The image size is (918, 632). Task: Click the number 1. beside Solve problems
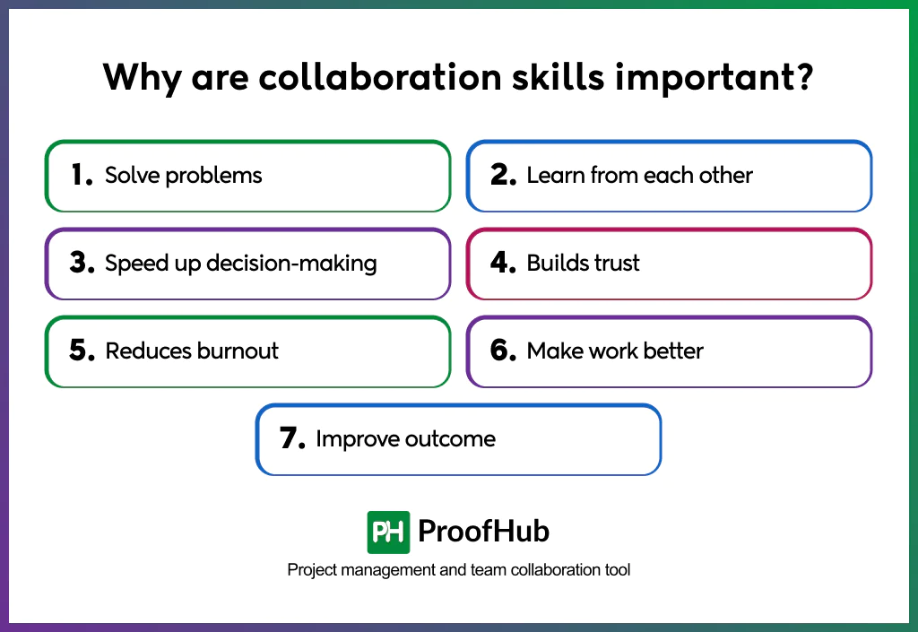click(x=82, y=175)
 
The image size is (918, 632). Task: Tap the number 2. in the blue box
click(x=504, y=175)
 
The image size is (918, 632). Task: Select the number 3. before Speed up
click(x=82, y=264)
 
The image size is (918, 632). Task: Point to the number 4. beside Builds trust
click(x=504, y=264)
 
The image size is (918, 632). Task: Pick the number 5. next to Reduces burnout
click(x=82, y=351)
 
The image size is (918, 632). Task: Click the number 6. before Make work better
click(x=504, y=351)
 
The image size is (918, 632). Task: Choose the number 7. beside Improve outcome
click(x=293, y=439)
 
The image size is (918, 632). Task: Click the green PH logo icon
click(x=388, y=532)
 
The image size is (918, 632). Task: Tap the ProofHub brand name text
click(x=483, y=532)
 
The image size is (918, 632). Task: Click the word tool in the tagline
click(x=618, y=570)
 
